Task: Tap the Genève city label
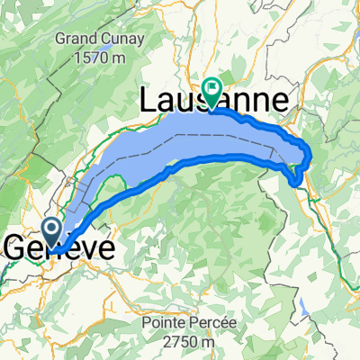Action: click(x=60, y=247)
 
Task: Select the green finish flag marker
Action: click(x=212, y=89)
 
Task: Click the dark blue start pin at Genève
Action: click(x=51, y=229)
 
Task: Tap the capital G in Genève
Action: click(x=18, y=247)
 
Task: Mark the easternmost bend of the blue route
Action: click(x=311, y=155)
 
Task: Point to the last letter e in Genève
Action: click(x=104, y=247)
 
